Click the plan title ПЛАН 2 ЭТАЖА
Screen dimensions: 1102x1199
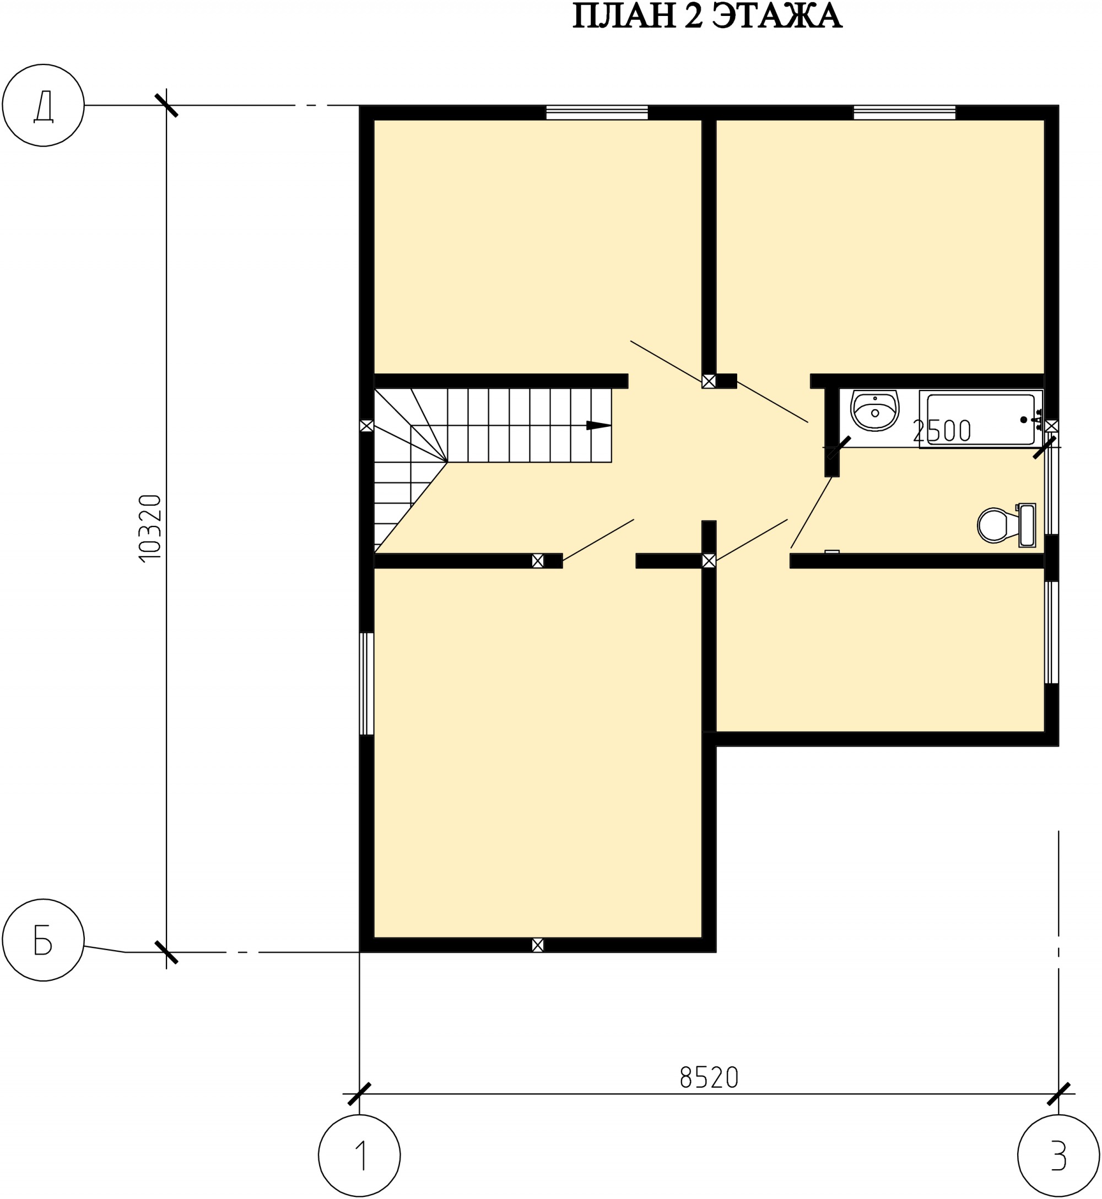point(707,16)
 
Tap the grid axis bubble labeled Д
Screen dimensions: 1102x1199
point(44,105)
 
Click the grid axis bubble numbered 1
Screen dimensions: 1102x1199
point(360,1155)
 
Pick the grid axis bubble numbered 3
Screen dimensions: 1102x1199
point(1058,1155)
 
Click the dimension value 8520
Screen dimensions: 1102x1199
point(710,1077)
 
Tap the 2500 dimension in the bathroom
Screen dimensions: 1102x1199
point(942,431)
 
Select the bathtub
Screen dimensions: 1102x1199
point(981,420)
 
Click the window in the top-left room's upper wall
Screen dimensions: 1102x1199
point(597,112)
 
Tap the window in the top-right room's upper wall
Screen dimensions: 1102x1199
point(905,112)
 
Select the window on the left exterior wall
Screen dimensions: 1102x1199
point(367,683)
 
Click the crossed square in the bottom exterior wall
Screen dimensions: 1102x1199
point(538,945)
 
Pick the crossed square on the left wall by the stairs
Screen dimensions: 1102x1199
point(367,426)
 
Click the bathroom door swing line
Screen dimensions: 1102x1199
point(812,513)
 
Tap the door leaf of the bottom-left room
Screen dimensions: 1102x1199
point(598,540)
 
